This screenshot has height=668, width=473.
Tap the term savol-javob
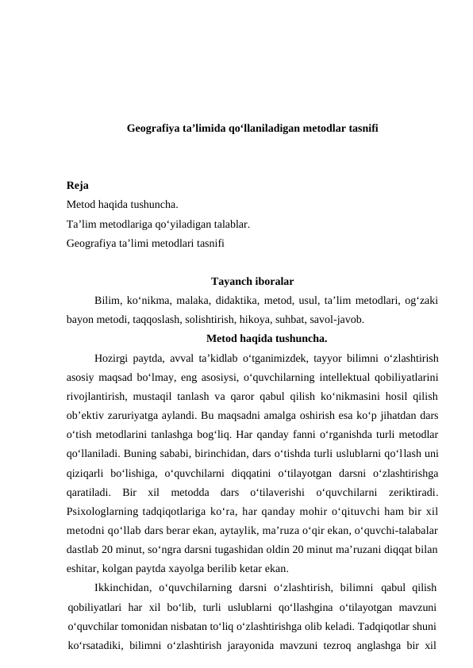[341, 321]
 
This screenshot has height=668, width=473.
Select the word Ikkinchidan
[119, 587]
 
